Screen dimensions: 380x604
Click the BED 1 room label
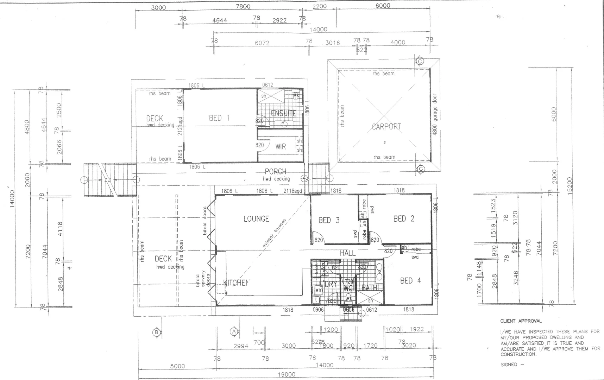coord(219,118)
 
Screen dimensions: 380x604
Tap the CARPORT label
coord(386,126)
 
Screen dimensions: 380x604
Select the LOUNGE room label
coord(256,219)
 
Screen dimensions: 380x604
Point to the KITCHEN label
coord(236,283)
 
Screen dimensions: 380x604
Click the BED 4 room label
coord(410,281)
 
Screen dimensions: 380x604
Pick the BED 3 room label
coord(329,220)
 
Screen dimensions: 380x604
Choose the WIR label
coord(281,147)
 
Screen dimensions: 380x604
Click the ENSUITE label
coord(284,113)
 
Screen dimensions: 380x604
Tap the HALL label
coord(347,253)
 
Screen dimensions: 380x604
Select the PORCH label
coord(275,172)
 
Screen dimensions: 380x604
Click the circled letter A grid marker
coord(233,331)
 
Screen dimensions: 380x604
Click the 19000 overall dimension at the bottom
coord(287,375)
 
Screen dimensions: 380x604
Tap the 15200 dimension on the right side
coord(570,185)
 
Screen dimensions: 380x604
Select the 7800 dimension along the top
coord(243,6)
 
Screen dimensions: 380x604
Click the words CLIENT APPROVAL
coord(521,321)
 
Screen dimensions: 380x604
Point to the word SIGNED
coord(509,365)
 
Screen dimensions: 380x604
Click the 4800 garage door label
coord(435,114)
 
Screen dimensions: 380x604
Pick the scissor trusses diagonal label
coord(274,233)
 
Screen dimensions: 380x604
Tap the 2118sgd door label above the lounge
coord(293,191)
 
